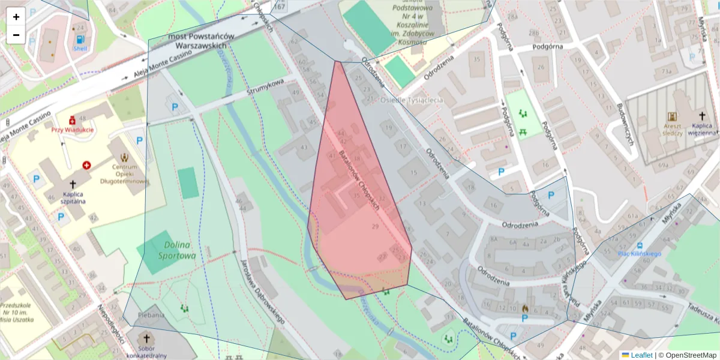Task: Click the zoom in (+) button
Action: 16,17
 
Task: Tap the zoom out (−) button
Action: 16,35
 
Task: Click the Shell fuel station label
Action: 80,47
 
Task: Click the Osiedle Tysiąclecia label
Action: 412,100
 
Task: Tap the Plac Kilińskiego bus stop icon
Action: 640,245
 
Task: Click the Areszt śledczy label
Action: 672,130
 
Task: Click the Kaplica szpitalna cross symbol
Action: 73,185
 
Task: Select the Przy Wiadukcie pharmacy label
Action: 72,129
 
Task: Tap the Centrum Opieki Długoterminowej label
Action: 125,173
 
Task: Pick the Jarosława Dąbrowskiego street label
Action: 262,292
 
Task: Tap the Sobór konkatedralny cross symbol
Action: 146,338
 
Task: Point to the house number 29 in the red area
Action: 376,226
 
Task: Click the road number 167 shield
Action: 279,6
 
